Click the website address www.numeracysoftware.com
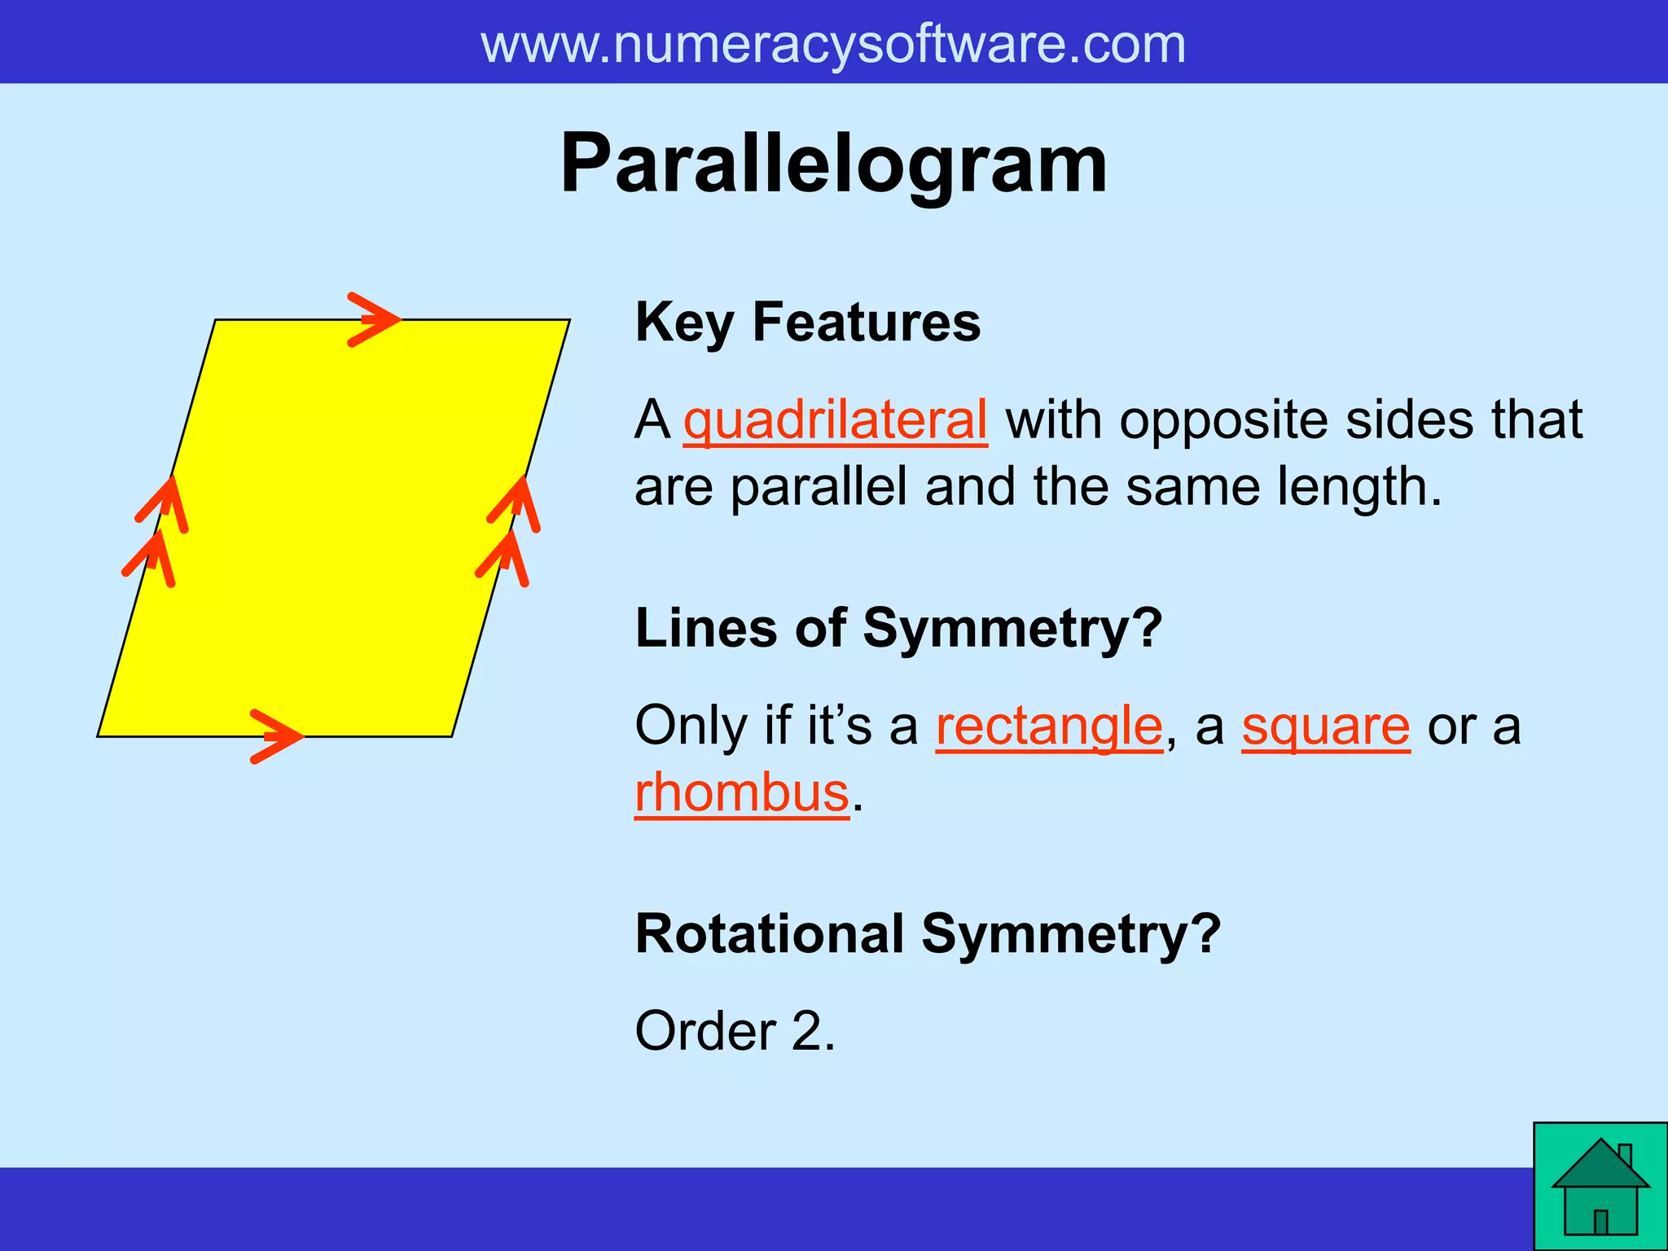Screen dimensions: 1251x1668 point(833,44)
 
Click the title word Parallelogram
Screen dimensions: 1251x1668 point(833,165)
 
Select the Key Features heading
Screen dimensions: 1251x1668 point(807,323)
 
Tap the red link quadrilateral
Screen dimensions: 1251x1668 point(835,421)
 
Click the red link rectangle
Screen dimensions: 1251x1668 point(1049,726)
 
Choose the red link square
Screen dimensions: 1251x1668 point(1325,726)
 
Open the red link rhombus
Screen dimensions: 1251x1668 point(742,792)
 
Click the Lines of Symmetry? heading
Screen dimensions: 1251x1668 point(898,628)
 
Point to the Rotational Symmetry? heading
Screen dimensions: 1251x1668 point(928,933)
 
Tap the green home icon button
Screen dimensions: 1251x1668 point(1600,1187)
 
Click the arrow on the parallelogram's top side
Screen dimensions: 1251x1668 point(373,319)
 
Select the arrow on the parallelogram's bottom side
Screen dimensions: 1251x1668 point(275,736)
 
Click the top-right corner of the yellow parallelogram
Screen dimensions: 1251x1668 point(568,321)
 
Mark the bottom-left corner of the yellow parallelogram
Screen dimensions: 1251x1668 point(99,735)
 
